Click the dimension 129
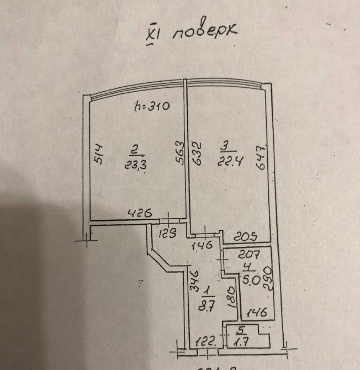pos(168,234)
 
